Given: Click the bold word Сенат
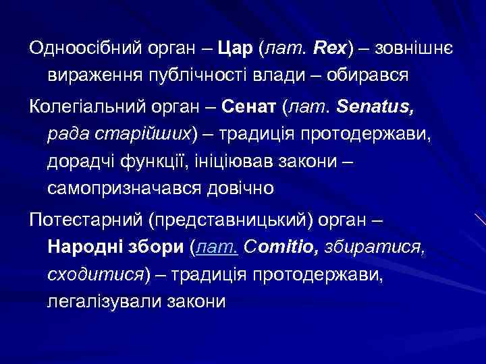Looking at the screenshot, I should pos(253,107).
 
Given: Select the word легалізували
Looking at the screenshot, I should pos(97,301).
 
